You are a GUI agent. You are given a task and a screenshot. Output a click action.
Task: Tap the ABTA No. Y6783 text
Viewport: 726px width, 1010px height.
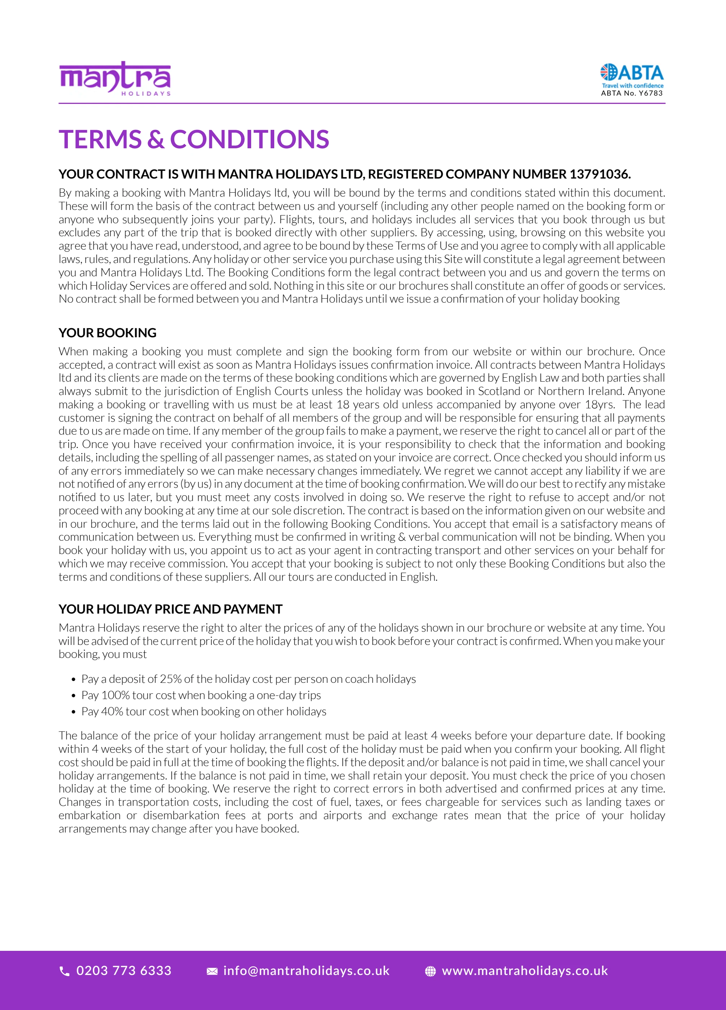(x=631, y=93)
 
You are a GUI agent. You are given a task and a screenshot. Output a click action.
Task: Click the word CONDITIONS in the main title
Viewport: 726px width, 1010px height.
(x=249, y=139)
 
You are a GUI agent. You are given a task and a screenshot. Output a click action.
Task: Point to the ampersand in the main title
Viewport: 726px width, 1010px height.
(x=156, y=139)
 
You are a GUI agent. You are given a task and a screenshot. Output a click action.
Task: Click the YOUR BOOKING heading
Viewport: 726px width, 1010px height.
(x=107, y=333)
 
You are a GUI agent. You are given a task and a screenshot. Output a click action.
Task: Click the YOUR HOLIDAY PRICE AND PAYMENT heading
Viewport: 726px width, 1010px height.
(x=170, y=609)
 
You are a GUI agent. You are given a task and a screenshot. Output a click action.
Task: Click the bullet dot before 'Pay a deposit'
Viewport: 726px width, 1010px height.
(x=74, y=680)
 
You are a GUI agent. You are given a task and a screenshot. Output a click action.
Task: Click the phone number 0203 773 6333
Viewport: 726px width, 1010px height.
(x=124, y=970)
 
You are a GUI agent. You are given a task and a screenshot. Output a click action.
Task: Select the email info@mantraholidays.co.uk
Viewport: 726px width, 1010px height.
(x=306, y=970)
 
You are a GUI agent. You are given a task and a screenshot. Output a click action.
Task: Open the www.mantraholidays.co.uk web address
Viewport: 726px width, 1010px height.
(x=525, y=970)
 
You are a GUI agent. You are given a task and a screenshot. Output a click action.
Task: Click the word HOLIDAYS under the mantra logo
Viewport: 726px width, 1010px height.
(x=146, y=93)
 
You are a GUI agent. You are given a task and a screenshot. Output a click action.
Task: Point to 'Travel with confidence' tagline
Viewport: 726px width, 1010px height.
(x=633, y=85)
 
